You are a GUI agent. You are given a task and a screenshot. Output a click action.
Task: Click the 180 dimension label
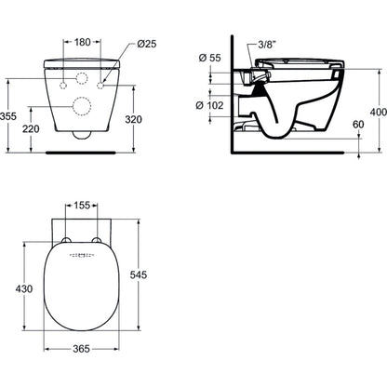82,42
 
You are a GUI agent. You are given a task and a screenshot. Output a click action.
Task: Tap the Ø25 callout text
147,44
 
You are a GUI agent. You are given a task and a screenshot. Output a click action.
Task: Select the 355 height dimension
8,116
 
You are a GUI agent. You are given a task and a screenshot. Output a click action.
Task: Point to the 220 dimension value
31,128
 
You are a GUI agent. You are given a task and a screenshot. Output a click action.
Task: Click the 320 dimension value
133,119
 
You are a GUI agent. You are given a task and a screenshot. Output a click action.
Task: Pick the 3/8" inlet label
267,45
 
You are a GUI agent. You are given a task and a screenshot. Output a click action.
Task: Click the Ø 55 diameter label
210,58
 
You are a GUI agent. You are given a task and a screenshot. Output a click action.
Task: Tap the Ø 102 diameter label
209,105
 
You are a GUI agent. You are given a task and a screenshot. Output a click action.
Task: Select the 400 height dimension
379,112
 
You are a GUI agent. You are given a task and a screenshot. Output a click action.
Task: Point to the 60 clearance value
358,125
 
